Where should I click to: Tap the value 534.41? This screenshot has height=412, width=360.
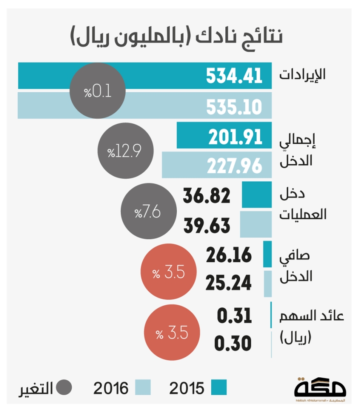(x=234, y=76)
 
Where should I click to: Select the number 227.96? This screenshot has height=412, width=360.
(x=234, y=166)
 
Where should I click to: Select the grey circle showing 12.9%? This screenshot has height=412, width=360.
(x=124, y=151)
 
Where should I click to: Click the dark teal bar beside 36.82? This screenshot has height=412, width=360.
(x=257, y=194)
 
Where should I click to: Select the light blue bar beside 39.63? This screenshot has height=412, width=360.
(x=256, y=225)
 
